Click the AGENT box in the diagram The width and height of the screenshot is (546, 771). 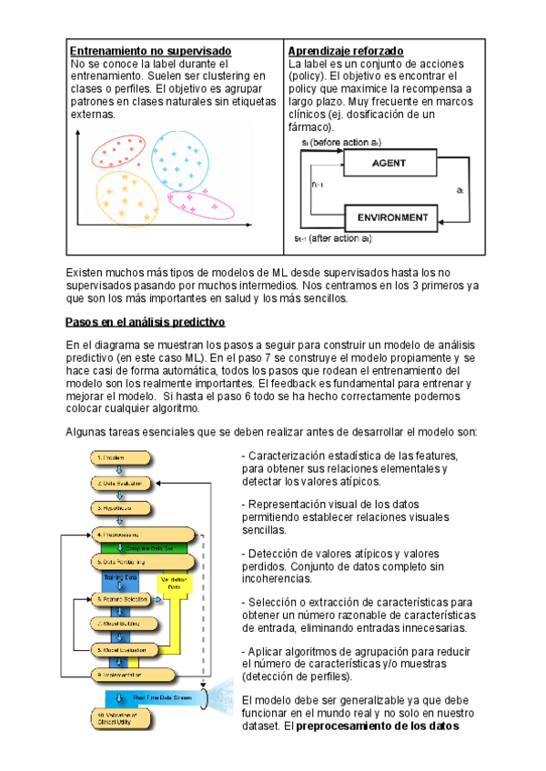coord(389,164)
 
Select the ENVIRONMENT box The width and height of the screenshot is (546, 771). coord(392,218)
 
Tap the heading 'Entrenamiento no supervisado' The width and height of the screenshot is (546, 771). coord(151,50)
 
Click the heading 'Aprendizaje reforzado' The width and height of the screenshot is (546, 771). coord(346,50)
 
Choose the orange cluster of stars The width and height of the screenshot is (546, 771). coord(126,194)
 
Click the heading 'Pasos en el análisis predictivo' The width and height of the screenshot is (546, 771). coord(146,323)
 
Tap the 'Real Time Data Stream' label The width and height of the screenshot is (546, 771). coord(164,697)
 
